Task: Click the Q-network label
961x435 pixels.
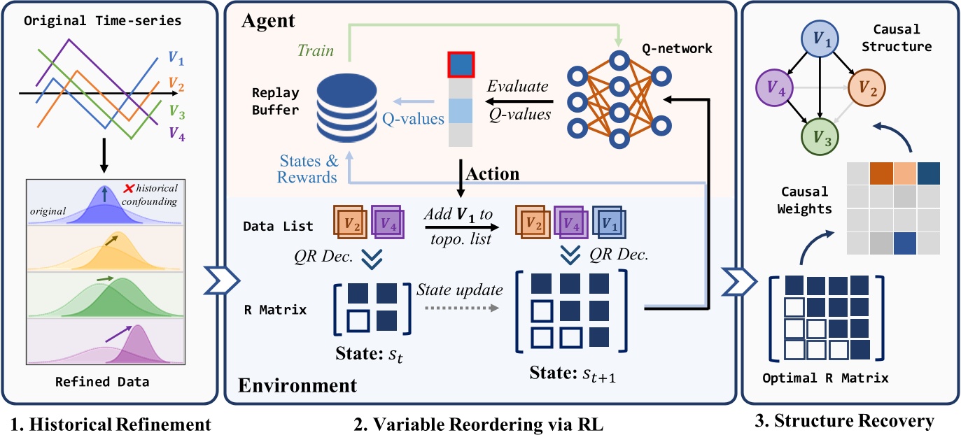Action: (678, 48)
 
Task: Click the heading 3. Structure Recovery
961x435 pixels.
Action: (851, 421)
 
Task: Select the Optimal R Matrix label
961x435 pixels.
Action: (827, 378)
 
